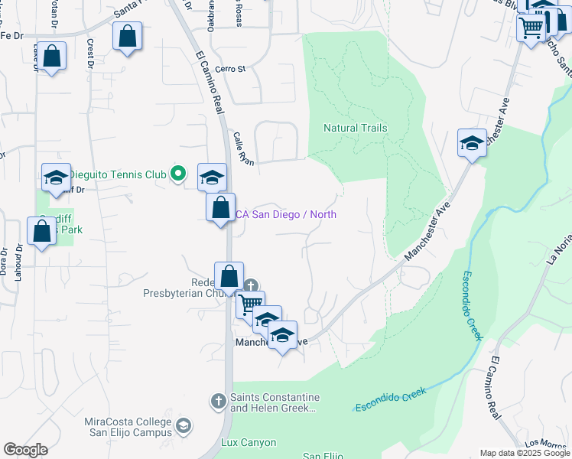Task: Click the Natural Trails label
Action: click(355, 129)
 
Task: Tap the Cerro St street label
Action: click(230, 69)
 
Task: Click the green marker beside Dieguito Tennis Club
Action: click(177, 174)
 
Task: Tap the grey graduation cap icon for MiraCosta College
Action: click(184, 425)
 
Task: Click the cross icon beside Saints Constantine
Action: click(218, 401)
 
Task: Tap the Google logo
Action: click(25, 450)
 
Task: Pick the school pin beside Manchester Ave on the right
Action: click(472, 142)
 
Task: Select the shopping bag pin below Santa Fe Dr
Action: click(127, 36)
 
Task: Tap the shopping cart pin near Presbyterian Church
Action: click(249, 304)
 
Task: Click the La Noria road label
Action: click(559, 252)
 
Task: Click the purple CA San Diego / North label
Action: click(284, 214)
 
